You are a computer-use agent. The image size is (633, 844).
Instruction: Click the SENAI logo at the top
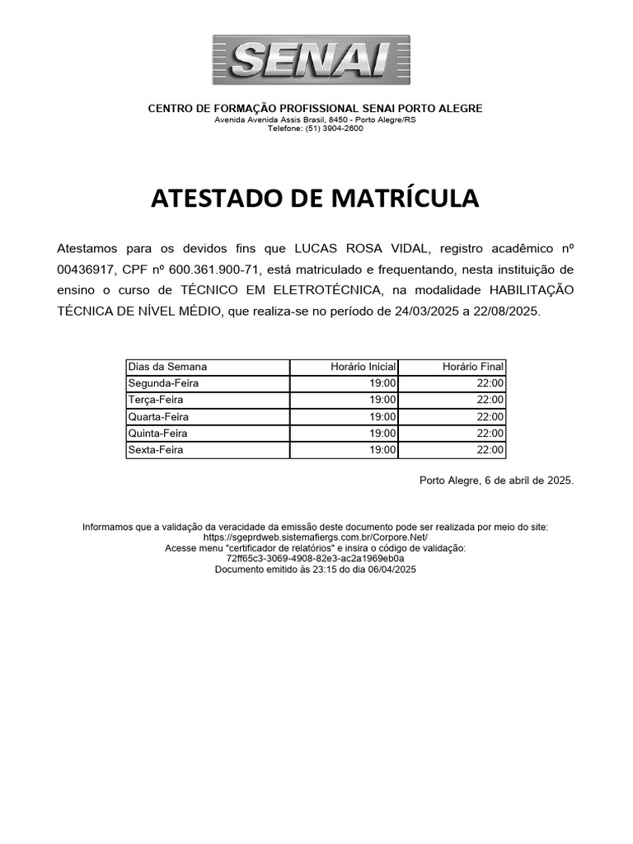311,59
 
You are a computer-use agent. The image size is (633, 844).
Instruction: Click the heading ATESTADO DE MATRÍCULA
314,199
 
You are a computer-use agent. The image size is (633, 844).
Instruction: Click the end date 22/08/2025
507,312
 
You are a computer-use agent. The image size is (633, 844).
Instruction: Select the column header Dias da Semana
168,367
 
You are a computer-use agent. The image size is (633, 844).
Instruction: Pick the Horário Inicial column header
363,367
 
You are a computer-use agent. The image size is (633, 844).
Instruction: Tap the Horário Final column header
473,367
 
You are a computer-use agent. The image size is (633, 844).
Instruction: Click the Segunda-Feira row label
163,383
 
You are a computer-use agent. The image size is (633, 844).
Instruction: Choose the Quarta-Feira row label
158,417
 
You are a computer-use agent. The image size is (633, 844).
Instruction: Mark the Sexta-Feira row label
156,450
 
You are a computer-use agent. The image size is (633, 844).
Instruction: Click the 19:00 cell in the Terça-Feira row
383,400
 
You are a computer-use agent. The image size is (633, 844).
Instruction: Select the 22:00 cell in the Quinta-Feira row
490,434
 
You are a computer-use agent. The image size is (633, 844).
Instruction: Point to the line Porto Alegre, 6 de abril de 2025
496,480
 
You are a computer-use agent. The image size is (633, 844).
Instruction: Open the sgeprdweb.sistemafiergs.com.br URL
315,537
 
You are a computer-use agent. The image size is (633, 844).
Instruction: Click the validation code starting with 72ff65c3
315,558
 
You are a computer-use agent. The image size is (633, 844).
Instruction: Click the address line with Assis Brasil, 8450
315,120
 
